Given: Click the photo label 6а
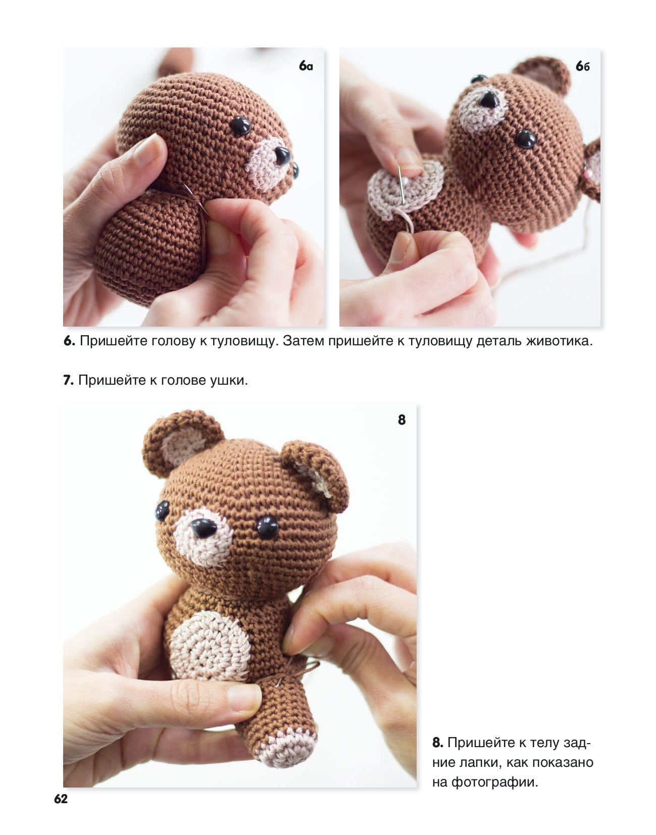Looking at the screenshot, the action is pyautogui.click(x=306, y=66).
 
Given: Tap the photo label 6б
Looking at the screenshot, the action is pyautogui.click(x=583, y=67).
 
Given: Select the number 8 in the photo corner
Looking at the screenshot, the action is pyautogui.click(x=401, y=420).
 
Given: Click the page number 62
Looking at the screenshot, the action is pyautogui.click(x=61, y=799).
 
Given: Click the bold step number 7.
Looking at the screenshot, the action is pyautogui.click(x=68, y=381).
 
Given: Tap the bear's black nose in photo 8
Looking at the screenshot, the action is pyautogui.click(x=204, y=528).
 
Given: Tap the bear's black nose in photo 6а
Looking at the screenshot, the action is pyautogui.click(x=282, y=155).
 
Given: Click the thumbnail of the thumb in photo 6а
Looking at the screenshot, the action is pyautogui.click(x=147, y=149).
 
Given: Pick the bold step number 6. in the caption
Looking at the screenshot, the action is pyautogui.click(x=69, y=341).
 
